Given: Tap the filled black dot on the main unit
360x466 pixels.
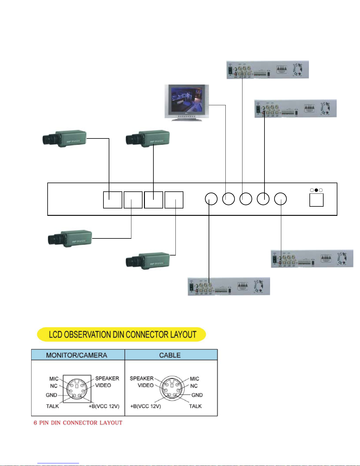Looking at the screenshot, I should tap(316, 190).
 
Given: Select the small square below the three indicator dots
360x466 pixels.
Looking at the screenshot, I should tap(317, 200).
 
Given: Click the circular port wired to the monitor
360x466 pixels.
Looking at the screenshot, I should tap(228, 199).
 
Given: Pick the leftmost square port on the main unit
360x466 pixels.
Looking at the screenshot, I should tap(113, 200).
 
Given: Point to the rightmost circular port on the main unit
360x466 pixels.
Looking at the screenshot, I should tap(280, 199).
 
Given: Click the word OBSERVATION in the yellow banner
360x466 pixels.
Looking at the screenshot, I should tap(94, 335).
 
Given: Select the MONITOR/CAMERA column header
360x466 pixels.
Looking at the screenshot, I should tap(77, 355).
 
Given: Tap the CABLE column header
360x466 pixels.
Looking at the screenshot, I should tap(170, 355).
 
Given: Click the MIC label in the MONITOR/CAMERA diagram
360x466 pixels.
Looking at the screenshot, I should tap(54, 379).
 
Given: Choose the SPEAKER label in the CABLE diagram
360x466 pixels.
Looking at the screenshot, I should tap(142, 378).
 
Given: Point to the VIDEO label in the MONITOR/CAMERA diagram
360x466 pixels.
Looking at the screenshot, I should tap(103, 385).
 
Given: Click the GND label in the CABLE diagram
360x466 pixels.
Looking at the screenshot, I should tap(197, 395).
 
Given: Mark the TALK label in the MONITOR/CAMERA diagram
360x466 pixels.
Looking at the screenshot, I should tap(52, 406).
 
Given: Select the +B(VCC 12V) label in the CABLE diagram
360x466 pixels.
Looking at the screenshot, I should tap(145, 406).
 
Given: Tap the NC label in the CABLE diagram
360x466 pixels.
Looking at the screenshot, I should tap(194, 386).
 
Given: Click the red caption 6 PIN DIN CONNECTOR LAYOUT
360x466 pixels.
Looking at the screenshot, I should tap(78, 423).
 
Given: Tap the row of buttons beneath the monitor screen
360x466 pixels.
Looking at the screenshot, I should tap(187, 116).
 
